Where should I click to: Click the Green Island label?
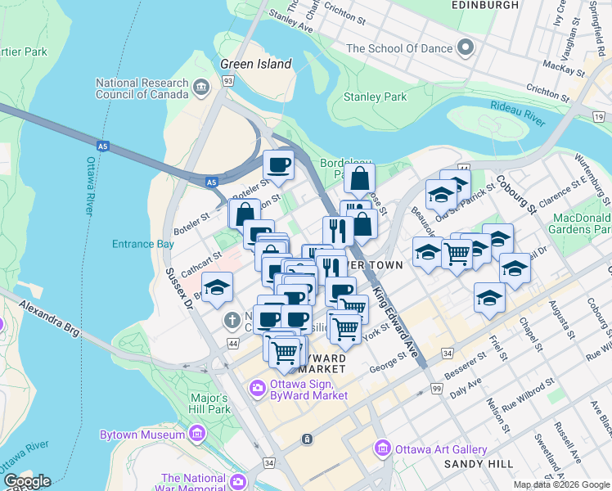(256, 64)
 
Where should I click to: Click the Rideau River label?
(518, 114)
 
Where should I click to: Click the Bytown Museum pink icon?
(197, 435)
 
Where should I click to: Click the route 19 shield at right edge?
(600, 118)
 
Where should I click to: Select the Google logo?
(27, 481)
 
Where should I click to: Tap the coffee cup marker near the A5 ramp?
(278, 164)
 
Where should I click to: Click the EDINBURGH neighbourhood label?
(485, 5)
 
